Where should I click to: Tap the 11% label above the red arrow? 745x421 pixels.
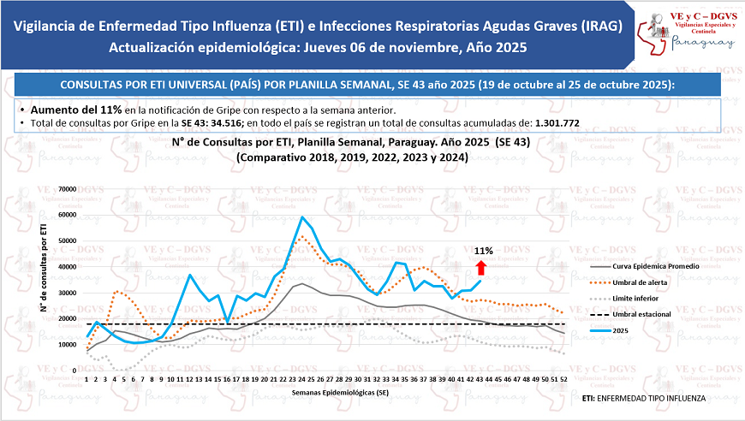click(x=483, y=252)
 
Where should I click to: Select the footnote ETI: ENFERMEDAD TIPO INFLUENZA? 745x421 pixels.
click(x=643, y=398)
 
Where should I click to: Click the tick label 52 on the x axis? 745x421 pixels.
click(x=561, y=377)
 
